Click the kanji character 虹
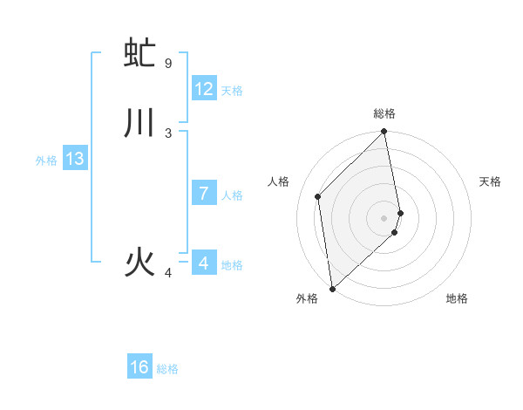point(139,53)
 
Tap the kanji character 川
point(139,123)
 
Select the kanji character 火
point(139,263)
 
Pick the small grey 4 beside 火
point(168,273)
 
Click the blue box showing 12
point(204,89)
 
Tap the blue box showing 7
point(204,194)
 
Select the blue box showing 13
point(75,159)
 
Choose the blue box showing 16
point(139,367)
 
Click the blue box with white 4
point(204,263)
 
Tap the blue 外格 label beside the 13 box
point(46,161)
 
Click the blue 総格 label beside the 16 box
point(167,369)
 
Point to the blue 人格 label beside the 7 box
point(232,195)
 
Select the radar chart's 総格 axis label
point(384,113)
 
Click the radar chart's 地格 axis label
point(457,298)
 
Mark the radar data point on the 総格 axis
point(384,133)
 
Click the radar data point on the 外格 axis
point(331,289)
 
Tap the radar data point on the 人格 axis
point(318,196)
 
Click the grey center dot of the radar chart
point(384,217)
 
